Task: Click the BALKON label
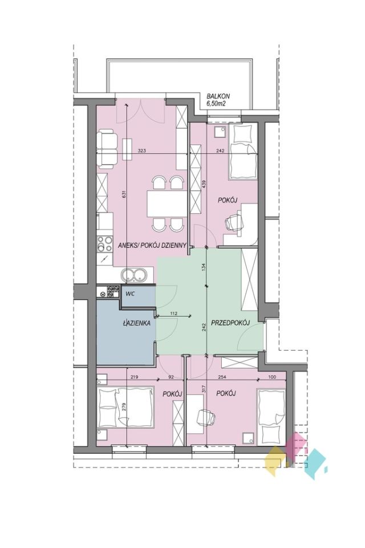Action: tap(218, 96)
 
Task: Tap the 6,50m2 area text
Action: tap(216, 103)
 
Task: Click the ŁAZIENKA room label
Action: tap(136, 323)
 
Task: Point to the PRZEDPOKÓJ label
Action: tap(229, 323)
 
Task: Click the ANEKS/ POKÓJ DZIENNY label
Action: tap(152, 245)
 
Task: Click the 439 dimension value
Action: tap(204, 184)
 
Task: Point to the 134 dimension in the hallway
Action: tap(204, 267)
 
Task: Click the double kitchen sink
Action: tap(134, 275)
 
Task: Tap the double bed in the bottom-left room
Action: tap(125, 407)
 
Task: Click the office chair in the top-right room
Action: tap(233, 222)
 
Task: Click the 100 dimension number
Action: tap(273, 377)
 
